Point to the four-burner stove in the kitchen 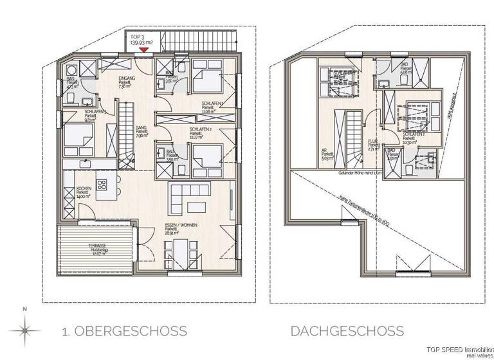pyautogui.click(x=102, y=185)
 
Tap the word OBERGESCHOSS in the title pyautogui.click(x=131, y=332)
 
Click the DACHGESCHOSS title pyautogui.click(x=347, y=332)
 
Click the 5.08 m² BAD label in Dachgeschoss pyautogui.click(x=406, y=69)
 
